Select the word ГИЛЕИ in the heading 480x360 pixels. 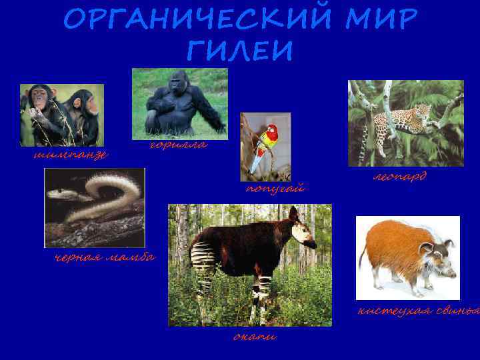tap(237, 51)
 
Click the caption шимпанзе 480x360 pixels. tap(71, 154)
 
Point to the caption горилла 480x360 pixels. tap(177, 145)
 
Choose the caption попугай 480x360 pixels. tap(275, 188)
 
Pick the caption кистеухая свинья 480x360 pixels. tap(419, 310)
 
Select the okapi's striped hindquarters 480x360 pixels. tap(203, 256)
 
